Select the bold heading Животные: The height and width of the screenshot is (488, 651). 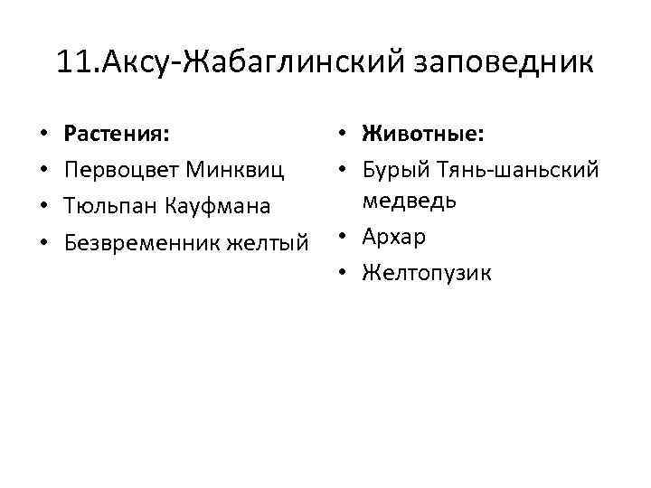pyautogui.click(x=422, y=135)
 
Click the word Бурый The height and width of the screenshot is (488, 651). pyautogui.click(x=392, y=170)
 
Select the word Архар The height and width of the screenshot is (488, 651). pyautogui.click(x=393, y=238)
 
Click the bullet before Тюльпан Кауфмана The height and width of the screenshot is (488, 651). pyautogui.click(x=43, y=207)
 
